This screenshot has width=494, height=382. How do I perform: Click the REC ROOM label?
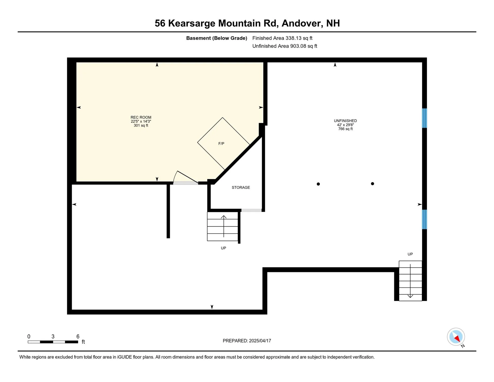[x=141, y=117]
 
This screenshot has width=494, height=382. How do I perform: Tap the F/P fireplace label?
[x=221, y=144]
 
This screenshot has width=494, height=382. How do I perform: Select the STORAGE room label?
[x=241, y=188]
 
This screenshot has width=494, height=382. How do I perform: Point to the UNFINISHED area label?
[x=345, y=121]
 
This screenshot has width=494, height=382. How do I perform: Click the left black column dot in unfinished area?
[x=318, y=184]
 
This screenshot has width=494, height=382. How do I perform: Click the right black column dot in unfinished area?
[x=372, y=184]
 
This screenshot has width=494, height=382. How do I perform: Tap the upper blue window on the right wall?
[x=424, y=118]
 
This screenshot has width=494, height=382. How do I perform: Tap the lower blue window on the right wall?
[x=424, y=219]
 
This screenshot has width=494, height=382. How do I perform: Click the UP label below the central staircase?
[x=223, y=248]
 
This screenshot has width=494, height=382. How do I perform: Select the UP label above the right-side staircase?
[x=410, y=254]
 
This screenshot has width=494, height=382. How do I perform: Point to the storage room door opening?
[x=251, y=210]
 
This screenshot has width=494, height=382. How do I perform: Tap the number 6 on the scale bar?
[x=78, y=336]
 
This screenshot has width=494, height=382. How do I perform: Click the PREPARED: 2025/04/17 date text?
[x=247, y=341]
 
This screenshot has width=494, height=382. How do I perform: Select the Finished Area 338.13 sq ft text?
[x=282, y=38]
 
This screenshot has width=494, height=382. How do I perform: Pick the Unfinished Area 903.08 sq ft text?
[x=285, y=46]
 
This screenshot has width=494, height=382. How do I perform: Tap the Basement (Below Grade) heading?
[x=217, y=38]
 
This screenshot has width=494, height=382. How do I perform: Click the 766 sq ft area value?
[x=345, y=129]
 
